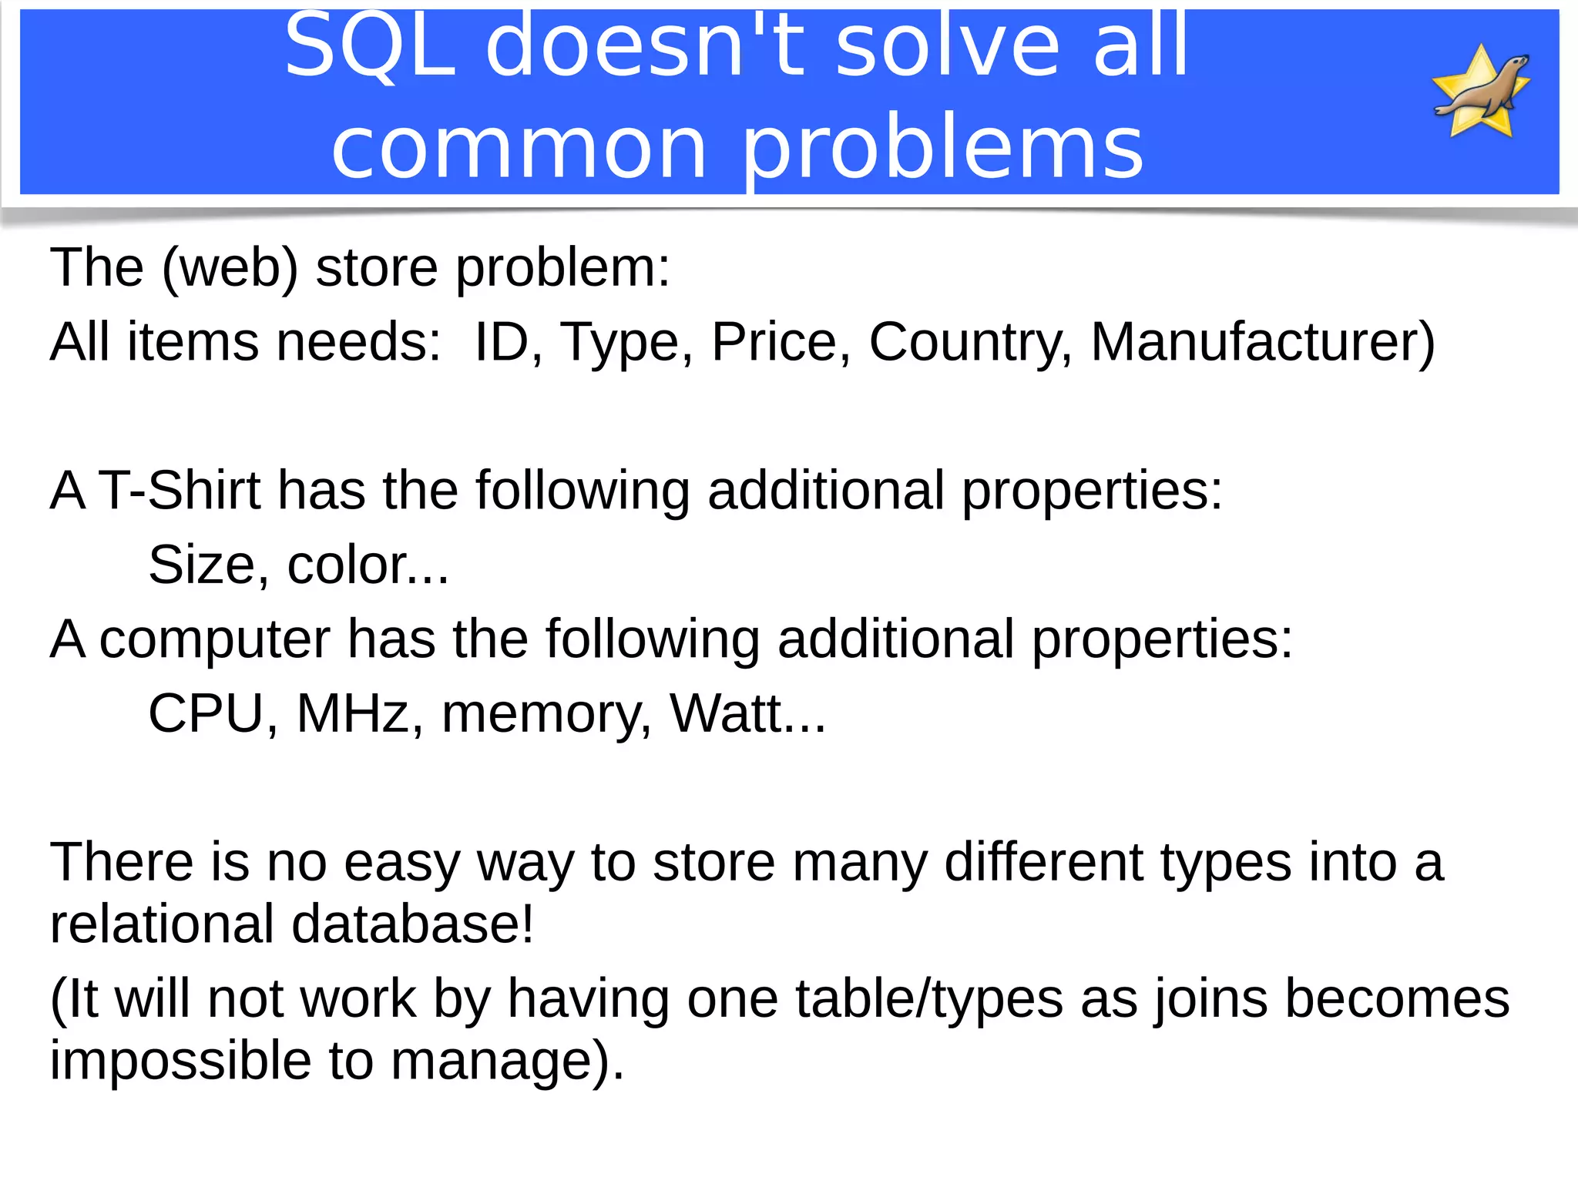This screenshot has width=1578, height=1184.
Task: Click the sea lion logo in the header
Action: point(1481,91)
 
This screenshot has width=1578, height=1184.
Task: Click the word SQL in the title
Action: point(371,46)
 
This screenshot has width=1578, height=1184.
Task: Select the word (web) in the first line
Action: point(230,268)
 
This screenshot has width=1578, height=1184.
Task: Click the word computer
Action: point(215,639)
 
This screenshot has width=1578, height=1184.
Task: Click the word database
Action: point(412,924)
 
